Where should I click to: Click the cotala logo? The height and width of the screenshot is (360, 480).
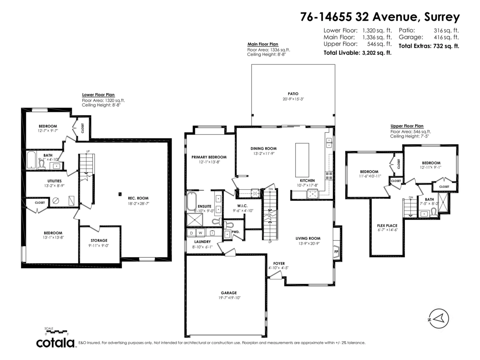point(55,343)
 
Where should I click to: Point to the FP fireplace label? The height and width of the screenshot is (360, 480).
point(336,252)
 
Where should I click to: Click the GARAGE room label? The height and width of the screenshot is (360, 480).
point(228,293)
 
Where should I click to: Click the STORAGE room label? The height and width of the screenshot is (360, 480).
point(98,240)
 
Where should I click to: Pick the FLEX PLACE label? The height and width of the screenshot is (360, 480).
point(387,226)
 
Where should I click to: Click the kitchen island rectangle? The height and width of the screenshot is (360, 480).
point(302,160)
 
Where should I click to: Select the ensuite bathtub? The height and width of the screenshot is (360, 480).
point(191,201)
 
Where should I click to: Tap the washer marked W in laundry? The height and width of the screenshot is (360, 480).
point(200,232)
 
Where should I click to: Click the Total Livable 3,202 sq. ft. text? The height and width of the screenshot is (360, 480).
point(357,52)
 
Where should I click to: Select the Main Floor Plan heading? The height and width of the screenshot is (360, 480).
point(262,44)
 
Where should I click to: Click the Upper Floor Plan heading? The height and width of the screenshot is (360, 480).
point(406,126)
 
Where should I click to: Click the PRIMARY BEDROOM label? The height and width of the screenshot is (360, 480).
point(209,157)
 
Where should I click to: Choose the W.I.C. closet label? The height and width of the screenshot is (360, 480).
point(242,205)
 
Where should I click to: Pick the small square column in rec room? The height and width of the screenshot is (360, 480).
point(120,194)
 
